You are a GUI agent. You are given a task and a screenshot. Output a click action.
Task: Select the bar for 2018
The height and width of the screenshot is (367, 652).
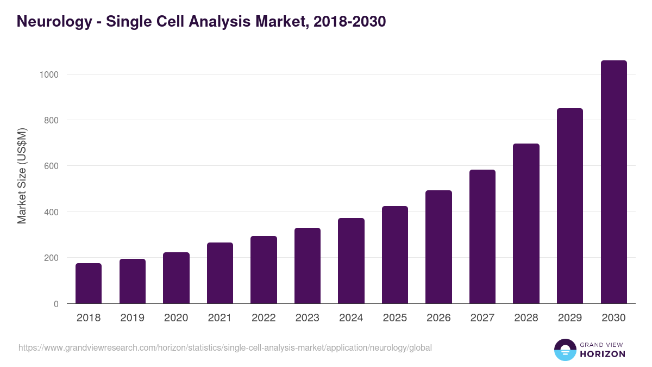(89, 283)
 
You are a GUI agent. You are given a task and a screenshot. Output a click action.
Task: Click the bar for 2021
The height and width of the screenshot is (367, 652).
(220, 273)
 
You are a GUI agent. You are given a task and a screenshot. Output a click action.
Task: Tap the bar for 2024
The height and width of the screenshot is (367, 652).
(351, 261)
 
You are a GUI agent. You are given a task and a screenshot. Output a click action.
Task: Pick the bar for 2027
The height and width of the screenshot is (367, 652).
(482, 237)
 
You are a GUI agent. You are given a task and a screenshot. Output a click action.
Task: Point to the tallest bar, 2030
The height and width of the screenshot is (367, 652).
(613, 182)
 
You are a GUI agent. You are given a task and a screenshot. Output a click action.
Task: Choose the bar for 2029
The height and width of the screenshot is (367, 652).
(570, 206)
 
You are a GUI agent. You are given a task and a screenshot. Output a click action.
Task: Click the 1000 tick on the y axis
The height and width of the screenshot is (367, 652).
(49, 74)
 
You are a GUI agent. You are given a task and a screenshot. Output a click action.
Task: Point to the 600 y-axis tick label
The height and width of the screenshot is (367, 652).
(52, 166)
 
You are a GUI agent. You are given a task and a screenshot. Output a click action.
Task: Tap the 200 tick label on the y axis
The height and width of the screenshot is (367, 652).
(52, 258)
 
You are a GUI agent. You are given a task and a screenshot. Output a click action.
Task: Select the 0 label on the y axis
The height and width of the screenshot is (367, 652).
(57, 304)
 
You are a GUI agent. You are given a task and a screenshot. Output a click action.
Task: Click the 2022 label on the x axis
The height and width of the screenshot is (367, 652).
(264, 318)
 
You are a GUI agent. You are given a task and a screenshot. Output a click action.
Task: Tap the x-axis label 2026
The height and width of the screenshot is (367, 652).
(438, 318)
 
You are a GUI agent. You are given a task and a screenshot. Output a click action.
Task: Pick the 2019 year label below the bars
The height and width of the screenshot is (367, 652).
(132, 318)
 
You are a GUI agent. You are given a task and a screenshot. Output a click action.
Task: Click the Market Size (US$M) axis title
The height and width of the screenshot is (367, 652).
(22, 176)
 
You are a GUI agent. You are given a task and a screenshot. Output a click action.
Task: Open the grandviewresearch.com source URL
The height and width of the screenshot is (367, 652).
(225, 347)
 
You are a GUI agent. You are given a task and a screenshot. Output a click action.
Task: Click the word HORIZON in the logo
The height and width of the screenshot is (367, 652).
(603, 354)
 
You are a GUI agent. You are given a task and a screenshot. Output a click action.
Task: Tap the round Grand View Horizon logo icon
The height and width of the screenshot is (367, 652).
(565, 350)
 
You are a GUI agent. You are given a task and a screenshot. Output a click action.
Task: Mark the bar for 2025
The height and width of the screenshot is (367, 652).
(395, 255)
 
